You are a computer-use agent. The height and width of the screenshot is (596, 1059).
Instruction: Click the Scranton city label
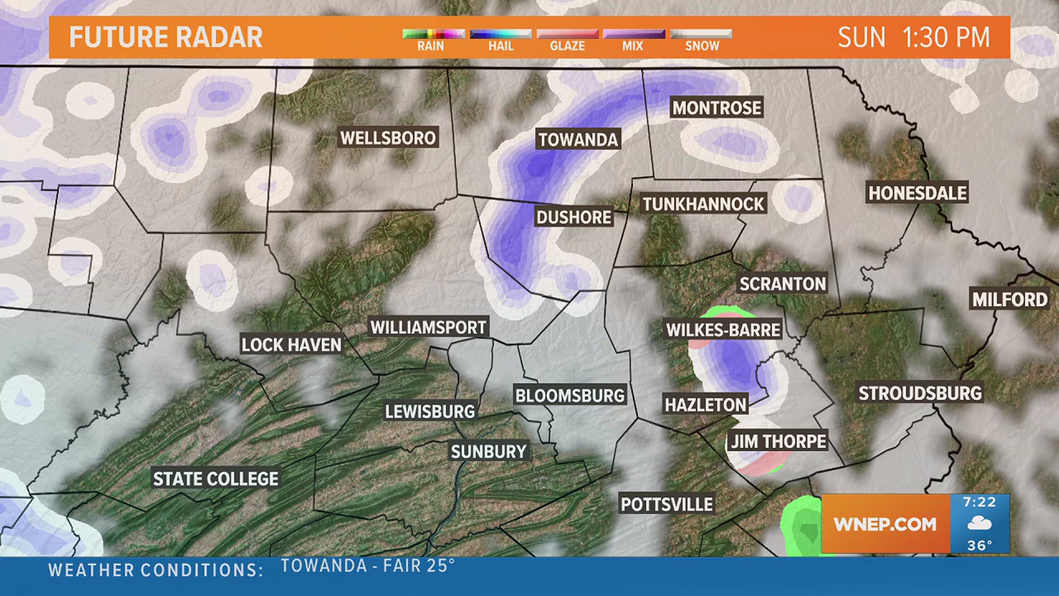pyautogui.click(x=783, y=284)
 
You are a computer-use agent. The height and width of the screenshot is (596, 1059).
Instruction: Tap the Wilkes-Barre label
pyautogui.click(x=723, y=330)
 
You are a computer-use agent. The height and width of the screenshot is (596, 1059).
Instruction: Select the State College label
pyautogui.click(x=216, y=478)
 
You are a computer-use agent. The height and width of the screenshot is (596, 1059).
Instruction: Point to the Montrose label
pyautogui.click(x=716, y=108)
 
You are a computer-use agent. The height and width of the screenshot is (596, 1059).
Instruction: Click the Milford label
pyautogui.click(x=1009, y=300)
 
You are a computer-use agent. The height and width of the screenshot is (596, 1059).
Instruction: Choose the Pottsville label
pyautogui.click(x=667, y=504)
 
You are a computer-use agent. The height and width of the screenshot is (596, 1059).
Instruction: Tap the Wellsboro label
pyautogui.click(x=388, y=137)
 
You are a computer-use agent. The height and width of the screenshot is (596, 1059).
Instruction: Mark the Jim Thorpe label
pyautogui.click(x=778, y=441)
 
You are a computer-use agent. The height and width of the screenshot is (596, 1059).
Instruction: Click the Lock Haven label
pyautogui.click(x=291, y=345)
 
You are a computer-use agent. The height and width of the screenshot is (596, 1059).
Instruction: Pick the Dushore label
pyautogui.click(x=574, y=217)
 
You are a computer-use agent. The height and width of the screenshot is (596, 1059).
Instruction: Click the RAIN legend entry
pyautogui.click(x=431, y=46)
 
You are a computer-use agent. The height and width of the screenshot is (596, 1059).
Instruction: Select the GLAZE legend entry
pyautogui.click(x=567, y=46)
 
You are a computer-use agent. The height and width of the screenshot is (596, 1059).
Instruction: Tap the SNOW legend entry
pyautogui.click(x=702, y=46)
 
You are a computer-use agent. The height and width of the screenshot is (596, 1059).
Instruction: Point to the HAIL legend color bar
pyautogui.click(x=500, y=34)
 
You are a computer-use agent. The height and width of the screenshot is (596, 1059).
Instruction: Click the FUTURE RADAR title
pyautogui.click(x=165, y=38)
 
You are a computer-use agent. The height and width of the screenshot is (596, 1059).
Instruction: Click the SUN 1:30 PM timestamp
pyautogui.click(x=913, y=38)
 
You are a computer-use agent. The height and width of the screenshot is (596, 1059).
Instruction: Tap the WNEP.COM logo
pyautogui.click(x=885, y=524)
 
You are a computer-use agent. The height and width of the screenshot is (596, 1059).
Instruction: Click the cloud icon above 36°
pyautogui.click(x=980, y=523)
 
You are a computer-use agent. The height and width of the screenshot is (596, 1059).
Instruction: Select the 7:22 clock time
pyautogui.click(x=980, y=502)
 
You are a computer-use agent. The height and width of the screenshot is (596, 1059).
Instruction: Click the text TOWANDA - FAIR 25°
pyautogui.click(x=368, y=566)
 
